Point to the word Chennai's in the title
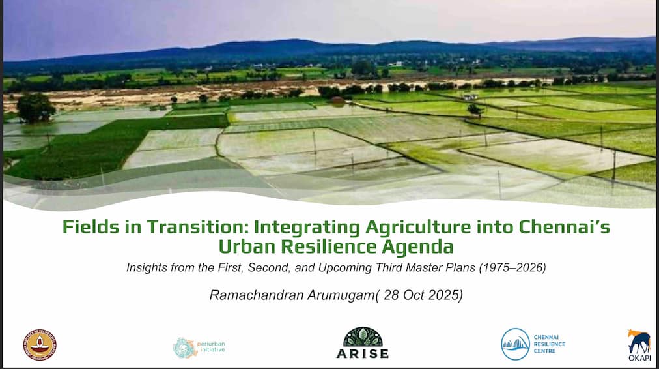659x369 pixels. tap(564, 227)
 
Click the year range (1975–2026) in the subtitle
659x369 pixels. tap(512, 267)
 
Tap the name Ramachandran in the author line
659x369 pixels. tap(257, 295)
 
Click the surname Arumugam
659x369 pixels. tap(341, 295)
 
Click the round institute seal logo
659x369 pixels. tap(40, 346)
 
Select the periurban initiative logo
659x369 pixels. tap(199, 347)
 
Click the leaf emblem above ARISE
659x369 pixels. tap(363, 336)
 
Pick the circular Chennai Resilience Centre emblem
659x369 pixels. tap(515, 344)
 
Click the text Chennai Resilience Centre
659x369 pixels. tap(550, 344)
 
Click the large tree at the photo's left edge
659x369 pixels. tap(36, 108)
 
